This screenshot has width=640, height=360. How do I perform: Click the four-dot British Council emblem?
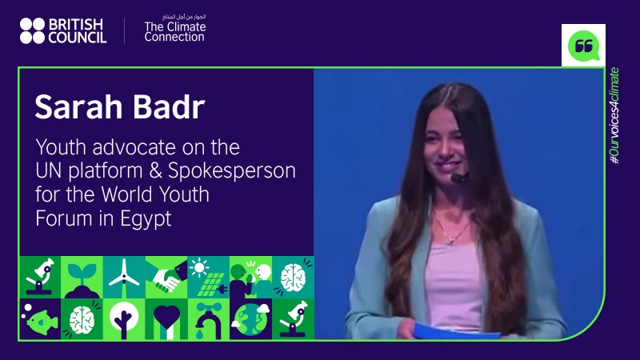32,30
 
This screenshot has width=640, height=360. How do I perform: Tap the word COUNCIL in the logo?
76,38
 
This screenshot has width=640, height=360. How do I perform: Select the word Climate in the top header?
187,26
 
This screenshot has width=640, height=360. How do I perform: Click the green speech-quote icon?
583,45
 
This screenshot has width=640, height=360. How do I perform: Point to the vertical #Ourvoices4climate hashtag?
614,117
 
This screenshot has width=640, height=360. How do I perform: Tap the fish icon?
39,319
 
